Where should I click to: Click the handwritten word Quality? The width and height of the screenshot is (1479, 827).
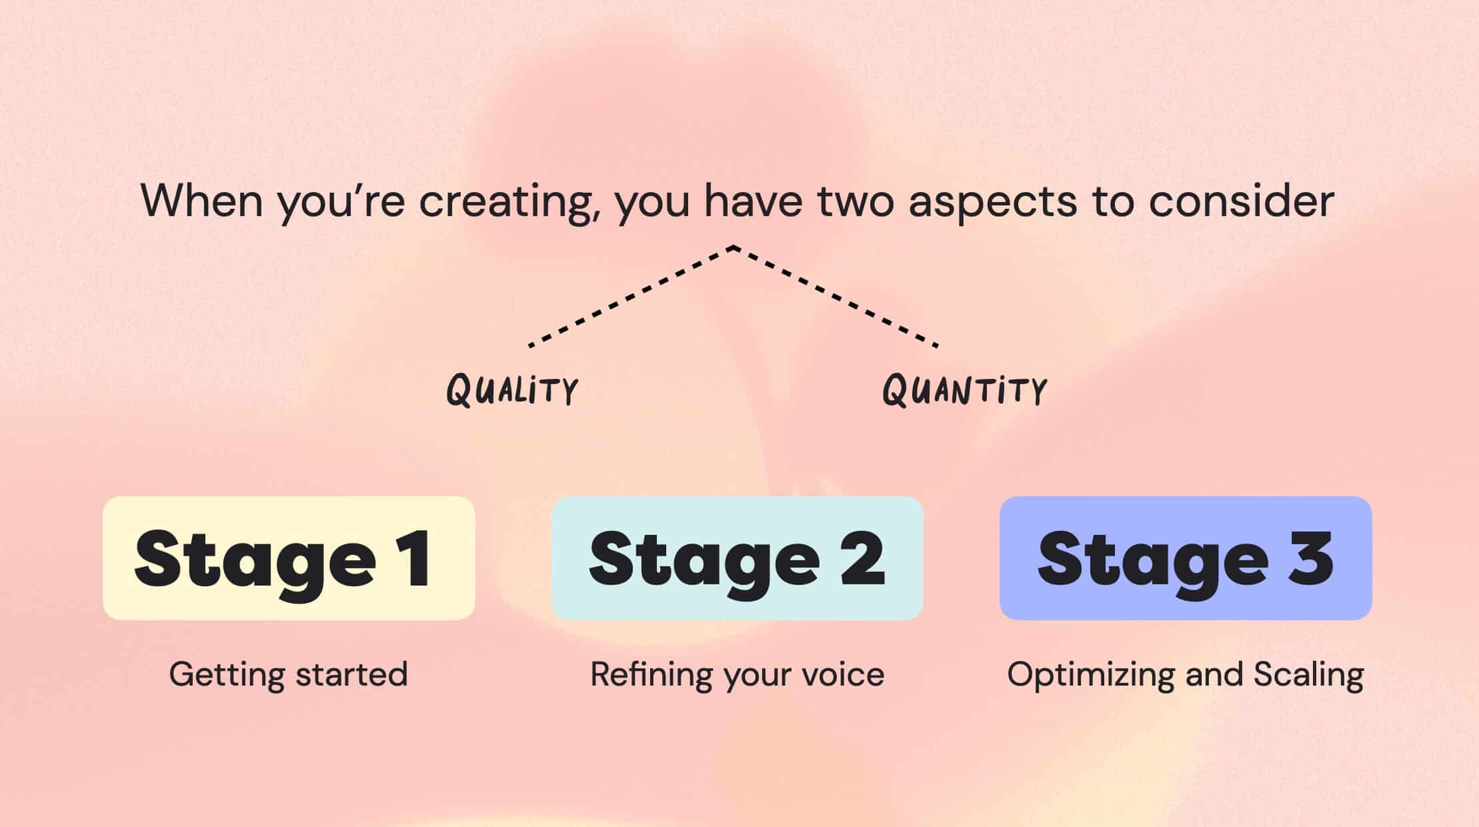click(x=512, y=390)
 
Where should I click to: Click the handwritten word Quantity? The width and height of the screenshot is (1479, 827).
click(x=964, y=390)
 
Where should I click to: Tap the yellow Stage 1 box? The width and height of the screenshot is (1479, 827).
click(x=289, y=558)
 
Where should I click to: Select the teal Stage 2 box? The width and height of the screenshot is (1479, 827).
click(x=737, y=558)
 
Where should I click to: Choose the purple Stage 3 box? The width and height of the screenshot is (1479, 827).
click(x=1186, y=558)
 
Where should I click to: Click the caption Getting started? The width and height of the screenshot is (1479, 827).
click(x=288, y=675)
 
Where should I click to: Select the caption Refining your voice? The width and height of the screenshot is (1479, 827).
click(x=737, y=675)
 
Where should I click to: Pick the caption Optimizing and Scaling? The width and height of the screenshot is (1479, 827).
click(x=1186, y=675)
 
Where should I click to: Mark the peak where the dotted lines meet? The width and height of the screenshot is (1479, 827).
click(x=733, y=247)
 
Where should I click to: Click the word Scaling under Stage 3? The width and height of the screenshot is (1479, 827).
click(x=1308, y=675)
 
